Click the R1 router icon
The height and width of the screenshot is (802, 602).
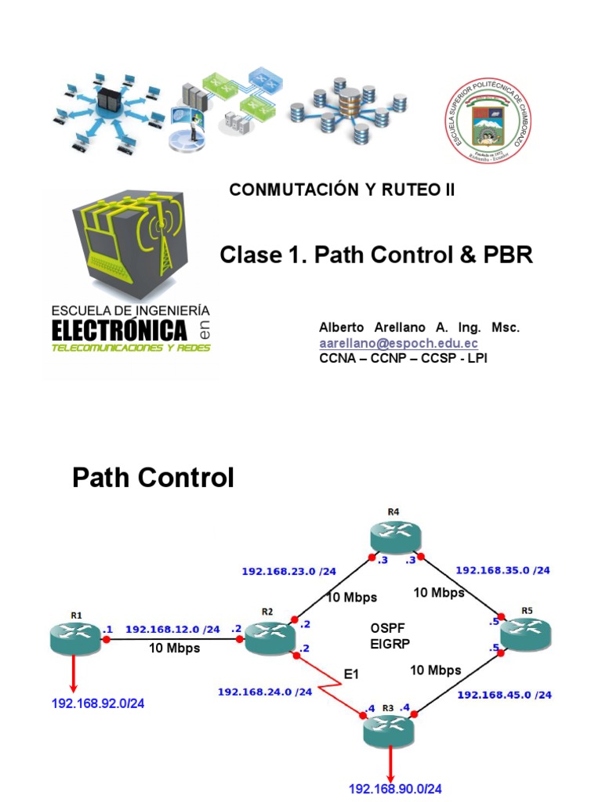tap(76, 638)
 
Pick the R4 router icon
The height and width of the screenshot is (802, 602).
tap(393, 537)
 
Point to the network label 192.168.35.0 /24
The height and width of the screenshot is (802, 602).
tap(502, 570)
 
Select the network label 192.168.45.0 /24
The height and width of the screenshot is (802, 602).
tap(504, 695)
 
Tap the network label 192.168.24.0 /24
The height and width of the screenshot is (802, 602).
tap(265, 692)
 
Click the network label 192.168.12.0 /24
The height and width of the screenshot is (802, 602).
tap(173, 629)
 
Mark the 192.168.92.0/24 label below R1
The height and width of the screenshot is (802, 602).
tap(98, 703)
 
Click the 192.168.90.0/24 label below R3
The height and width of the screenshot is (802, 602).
tap(395, 788)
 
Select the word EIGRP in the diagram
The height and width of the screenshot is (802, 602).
tap(389, 644)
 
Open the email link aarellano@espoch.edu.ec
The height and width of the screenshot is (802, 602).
tap(398, 343)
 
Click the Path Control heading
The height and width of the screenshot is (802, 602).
tap(153, 477)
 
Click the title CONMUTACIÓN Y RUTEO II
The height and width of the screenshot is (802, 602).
tap(342, 190)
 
